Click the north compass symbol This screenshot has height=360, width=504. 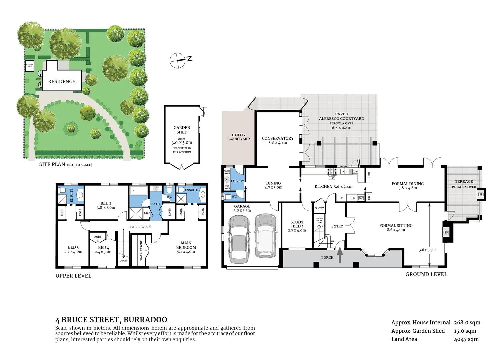point(178,61)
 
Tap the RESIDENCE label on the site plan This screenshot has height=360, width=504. point(62,81)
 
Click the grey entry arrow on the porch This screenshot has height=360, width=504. point(340,255)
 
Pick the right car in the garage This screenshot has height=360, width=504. point(266,235)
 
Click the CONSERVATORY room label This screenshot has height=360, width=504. point(278,138)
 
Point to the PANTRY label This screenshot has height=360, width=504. point(319,208)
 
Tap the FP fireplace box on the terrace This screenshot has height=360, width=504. point(481,194)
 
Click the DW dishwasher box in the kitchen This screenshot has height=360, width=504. point(356,172)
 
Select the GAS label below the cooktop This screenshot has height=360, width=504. point(332,178)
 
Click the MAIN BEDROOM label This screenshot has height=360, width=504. point(186,245)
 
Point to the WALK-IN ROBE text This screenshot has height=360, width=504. point(141,250)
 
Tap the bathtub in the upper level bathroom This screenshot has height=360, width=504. point(138,190)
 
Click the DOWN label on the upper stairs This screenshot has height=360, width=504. point(123,261)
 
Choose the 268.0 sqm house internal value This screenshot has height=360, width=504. point(467,322)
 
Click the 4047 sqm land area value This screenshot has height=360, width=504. point(466,339)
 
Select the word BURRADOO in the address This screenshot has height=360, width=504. point(145,320)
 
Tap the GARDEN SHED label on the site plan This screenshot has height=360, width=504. point(30,66)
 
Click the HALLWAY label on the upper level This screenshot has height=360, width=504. point(140,227)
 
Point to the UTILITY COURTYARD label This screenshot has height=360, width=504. point(239,137)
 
